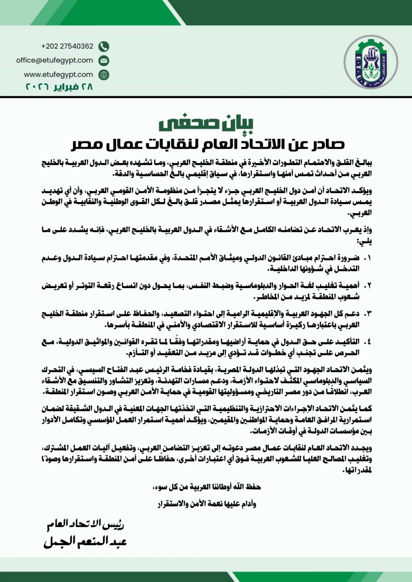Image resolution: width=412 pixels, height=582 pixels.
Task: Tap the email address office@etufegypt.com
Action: coord(54,60)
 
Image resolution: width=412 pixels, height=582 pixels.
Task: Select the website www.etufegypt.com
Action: coord(58,74)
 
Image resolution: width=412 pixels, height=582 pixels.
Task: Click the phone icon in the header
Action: coord(104,46)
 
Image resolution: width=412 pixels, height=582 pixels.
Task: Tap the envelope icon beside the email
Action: coord(104,60)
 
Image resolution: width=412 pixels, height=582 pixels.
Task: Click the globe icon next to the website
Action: coord(104,74)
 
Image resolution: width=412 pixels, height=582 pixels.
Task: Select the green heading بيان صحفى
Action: coord(205,122)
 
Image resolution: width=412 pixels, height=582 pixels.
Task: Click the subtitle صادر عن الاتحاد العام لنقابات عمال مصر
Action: coord(206,144)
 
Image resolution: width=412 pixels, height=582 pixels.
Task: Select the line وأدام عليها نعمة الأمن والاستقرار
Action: coord(206,503)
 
